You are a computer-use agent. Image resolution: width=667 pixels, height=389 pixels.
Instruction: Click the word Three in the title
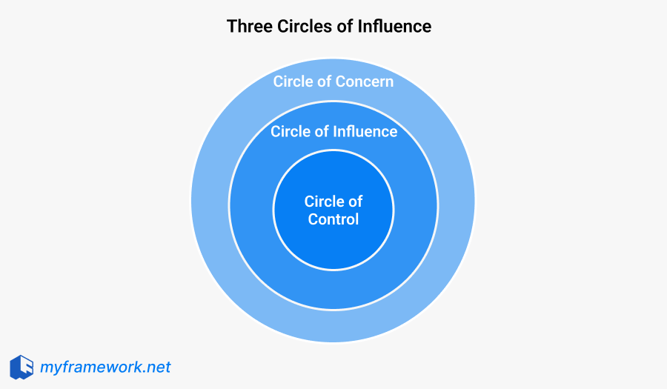(x=248, y=27)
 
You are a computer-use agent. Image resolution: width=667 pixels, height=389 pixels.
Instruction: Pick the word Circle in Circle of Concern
(x=293, y=82)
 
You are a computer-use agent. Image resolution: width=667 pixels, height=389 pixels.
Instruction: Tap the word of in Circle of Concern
(x=325, y=82)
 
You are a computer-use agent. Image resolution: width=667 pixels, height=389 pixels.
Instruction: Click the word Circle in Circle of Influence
(x=291, y=132)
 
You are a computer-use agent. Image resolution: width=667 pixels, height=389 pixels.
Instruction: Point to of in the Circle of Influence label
(x=322, y=132)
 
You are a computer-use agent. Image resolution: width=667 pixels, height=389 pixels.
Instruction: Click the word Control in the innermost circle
(x=333, y=219)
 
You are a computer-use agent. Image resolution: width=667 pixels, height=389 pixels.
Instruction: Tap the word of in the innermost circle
(x=356, y=202)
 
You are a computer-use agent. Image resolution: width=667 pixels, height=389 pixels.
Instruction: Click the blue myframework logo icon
(x=21, y=367)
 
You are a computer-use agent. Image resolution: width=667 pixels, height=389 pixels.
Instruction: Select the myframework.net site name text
(x=105, y=367)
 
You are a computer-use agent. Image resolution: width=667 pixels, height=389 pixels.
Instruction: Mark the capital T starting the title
(x=231, y=27)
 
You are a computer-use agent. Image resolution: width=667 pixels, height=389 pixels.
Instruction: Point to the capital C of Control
(x=313, y=219)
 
